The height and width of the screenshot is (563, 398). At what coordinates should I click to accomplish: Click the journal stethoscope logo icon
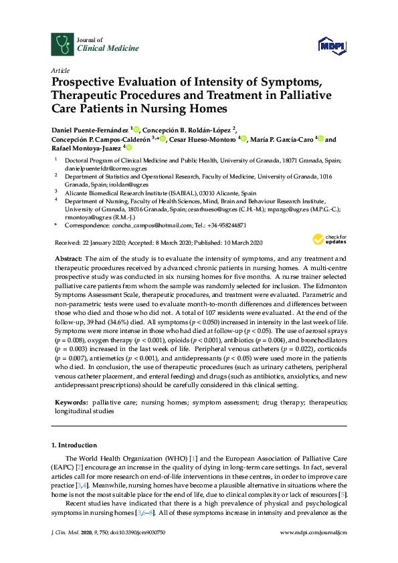coord(62,44)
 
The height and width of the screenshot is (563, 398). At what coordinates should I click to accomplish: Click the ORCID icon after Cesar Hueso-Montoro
coord(243,139)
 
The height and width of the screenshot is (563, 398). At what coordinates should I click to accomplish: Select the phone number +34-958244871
coord(224,226)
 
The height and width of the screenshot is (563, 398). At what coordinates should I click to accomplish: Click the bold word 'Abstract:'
coord(69,259)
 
